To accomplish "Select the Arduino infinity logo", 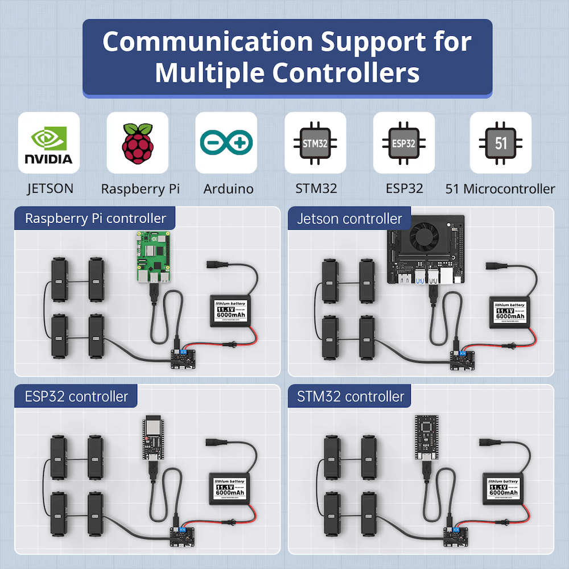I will click(226, 142).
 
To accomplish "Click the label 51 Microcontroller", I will click(500, 189).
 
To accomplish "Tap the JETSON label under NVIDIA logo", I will click(50, 189).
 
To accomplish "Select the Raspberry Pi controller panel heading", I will click(96, 218).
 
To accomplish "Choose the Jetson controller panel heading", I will click(349, 218).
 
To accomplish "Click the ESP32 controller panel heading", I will click(76, 397).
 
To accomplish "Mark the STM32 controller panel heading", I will click(351, 397).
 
